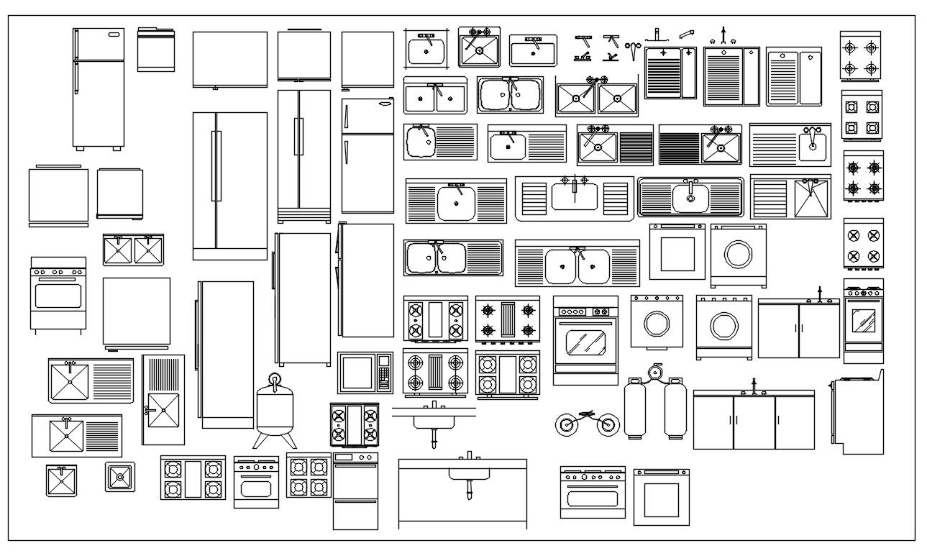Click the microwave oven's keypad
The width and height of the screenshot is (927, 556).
pyautogui.click(x=384, y=373)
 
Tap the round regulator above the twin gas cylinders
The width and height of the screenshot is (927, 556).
pyautogui.click(x=654, y=372)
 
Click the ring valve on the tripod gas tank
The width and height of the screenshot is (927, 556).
pyautogui.click(x=273, y=379)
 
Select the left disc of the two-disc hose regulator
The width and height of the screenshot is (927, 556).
pyautogui.click(x=567, y=424)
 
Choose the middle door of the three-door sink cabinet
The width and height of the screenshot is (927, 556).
pyautogui.click(x=754, y=422)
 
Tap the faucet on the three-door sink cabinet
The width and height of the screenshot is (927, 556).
pyautogui.click(x=754, y=386)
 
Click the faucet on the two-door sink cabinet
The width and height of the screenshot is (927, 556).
pyautogui.click(x=819, y=293)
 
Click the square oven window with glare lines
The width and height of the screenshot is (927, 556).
pyautogui.click(x=863, y=320)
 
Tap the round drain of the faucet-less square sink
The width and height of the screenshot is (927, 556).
pyautogui.click(x=119, y=476)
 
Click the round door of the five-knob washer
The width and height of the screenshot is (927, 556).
pyautogui.click(x=657, y=324)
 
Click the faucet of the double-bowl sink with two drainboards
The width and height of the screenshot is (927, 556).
pyautogui.click(x=576, y=252)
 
